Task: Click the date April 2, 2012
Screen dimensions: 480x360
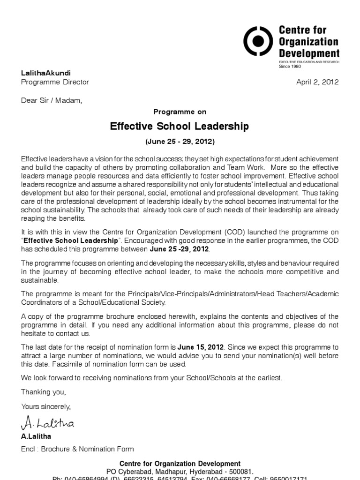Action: (x=317, y=82)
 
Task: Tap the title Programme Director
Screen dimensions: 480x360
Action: (x=55, y=82)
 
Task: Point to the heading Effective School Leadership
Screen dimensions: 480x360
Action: (x=180, y=127)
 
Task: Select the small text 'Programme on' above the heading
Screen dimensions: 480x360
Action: (x=180, y=112)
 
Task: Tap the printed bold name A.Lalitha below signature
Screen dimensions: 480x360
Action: (x=37, y=436)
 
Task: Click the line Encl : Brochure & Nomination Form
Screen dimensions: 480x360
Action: (x=77, y=449)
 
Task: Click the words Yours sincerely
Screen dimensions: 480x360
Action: (x=46, y=406)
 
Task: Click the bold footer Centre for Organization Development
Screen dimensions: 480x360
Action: (x=180, y=464)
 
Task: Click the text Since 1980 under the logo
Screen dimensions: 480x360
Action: (x=289, y=67)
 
